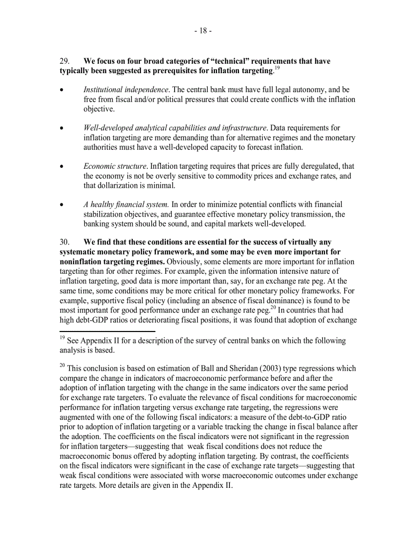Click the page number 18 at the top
coord(203,31)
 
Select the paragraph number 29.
coord(65,61)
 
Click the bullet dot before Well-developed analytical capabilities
coord(61,128)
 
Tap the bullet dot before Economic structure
coord(61,167)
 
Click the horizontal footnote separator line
coord(107,331)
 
